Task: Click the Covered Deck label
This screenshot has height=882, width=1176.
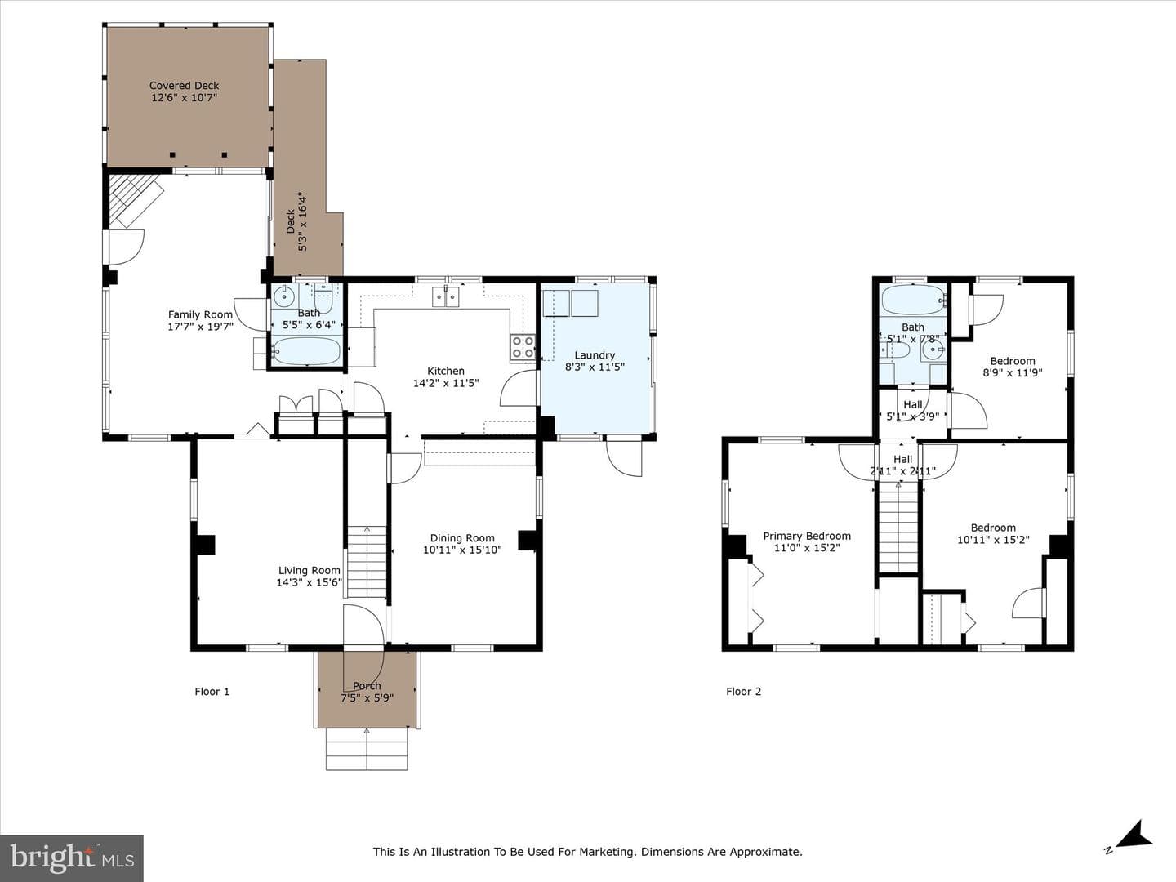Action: pyautogui.click(x=185, y=86)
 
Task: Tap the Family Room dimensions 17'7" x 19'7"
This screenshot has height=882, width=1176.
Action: pyautogui.click(x=200, y=327)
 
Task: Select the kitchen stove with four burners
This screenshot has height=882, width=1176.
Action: pyautogui.click(x=523, y=346)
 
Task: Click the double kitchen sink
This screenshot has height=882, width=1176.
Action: pyautogui.click(x=446, y=296)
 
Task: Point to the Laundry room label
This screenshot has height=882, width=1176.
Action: pyautogui.click(x=595, y=355)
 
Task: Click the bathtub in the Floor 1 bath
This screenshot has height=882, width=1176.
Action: pyautogui.click(x=306, y=351)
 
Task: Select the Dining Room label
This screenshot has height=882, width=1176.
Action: pyautogui.click(x=462, y=538)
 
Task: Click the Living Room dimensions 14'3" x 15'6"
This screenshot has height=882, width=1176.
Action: pyautogui.click(x=310, y=582)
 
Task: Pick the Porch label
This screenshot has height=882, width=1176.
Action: pyautogui.click(x=367, y=686)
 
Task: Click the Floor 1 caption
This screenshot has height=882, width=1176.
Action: pyautogui.click(x=212, y=692)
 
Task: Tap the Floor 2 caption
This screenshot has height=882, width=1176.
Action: pyautogui.click(x=744, y=692)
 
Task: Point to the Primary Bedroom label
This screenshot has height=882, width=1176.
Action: pyautogui.click(x=807, y=536)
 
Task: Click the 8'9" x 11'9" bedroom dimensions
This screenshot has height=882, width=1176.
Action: pyautogui.click(x=1013, y=372)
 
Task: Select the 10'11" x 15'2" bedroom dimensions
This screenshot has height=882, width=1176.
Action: pyautogui.click(x=994, y=540)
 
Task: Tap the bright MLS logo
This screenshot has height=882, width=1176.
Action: pyautogui.click(x=72, y=857)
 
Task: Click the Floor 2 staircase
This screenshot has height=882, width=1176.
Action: pyautogui.click(x=899, y=528)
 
